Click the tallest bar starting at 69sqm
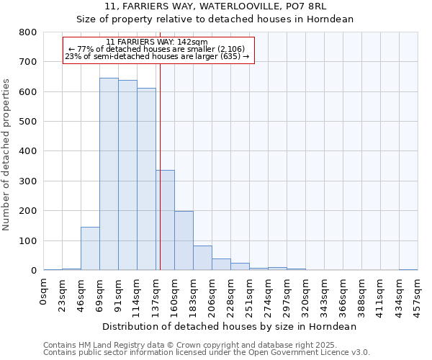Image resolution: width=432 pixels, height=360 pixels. point(109,174)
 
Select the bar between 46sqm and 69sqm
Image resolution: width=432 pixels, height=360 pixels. point(90,248)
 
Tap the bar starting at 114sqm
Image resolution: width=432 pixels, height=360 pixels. point(146,179)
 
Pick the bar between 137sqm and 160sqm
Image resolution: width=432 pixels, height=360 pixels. point(165,220)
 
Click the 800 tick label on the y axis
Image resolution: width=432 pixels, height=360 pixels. point(28,32)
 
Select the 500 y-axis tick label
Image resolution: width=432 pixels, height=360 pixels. point(28,122)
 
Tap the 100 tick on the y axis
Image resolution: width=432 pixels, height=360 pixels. point(28,240)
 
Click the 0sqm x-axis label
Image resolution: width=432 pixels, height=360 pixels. point(44,293)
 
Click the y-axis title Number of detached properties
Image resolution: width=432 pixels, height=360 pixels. point(6,151)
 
